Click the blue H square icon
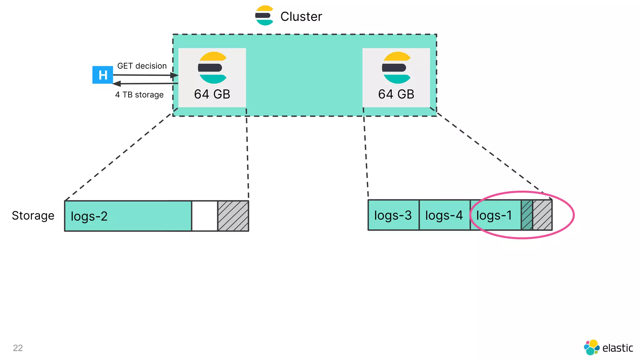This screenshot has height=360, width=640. point(102,75)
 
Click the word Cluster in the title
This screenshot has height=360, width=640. point(301,17)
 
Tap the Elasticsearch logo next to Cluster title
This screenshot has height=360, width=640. point(264,15)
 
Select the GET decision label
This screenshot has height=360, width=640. point(142,66)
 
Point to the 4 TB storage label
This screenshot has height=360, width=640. point(139,95)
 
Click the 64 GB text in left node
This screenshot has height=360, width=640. point(212,94)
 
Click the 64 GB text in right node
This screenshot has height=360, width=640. point(396,94)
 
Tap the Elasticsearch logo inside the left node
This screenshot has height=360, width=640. point(212,67)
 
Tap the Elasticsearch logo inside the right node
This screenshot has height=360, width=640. point(396,67)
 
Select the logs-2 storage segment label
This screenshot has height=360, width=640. point(89,216)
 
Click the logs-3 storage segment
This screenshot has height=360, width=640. point(393,215)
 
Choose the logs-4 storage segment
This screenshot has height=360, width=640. point(444,215)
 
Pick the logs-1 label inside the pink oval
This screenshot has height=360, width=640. point(494,215)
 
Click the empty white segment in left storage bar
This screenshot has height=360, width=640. point(204,216)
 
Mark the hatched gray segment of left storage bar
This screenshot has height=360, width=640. point(233,216)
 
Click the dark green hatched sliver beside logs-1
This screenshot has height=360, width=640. point(527,215)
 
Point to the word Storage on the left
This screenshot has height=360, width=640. point(33,216)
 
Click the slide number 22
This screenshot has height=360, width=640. point(18,348)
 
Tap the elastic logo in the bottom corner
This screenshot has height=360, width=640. point(608,347)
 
